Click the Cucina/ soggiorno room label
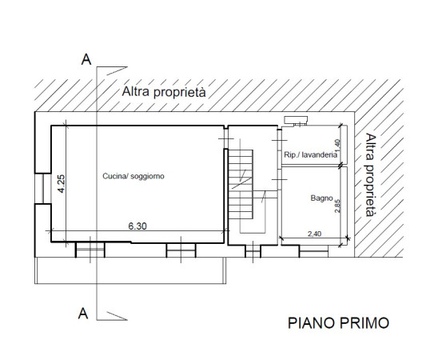[x=133, y=177]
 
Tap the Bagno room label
[x=321, y=198]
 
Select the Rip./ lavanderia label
[x=311, y=155]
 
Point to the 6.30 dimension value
[x=137, y=226]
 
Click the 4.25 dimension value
[x=62, y=184]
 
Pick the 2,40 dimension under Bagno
[x=315, y=234]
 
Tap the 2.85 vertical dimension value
[x=337, y=206]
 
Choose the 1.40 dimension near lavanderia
[x=337, y=146]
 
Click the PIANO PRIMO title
[x=338, y=323]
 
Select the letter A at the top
[x=86, y=60]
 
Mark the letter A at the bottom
[x=83, y=314]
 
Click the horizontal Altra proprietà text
[x=164, y=92]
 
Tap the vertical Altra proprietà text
[x=371, y=174]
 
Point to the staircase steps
[x=241, y=185]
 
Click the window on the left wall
[x=42, y=188]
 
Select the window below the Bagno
[x=313, y=251]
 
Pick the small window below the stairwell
[x=253, y=251]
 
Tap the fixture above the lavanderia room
[x=296, y=121]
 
